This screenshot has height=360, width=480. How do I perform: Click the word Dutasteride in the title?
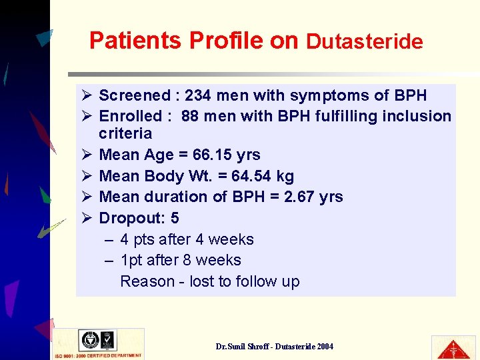364,42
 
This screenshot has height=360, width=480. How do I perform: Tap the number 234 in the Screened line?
198,95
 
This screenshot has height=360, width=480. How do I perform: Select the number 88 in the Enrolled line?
190,116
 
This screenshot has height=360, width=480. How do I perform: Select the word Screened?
135,95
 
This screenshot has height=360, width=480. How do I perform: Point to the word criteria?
125,133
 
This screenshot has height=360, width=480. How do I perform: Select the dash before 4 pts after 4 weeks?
109,239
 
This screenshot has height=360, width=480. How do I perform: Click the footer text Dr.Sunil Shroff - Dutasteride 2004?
275,347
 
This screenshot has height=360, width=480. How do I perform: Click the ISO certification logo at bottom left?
98,343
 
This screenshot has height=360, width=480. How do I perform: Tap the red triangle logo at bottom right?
454,347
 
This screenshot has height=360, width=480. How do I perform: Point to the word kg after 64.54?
285,176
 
